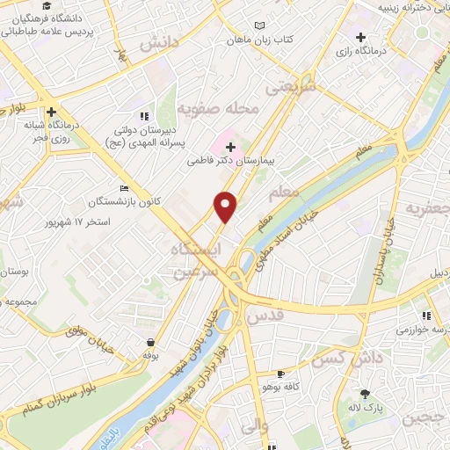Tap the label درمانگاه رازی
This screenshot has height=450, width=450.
(x=360, y=52)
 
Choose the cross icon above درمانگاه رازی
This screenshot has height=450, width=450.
(x=360, y=37)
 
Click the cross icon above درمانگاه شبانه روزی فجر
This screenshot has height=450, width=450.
(x=53, y=112)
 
